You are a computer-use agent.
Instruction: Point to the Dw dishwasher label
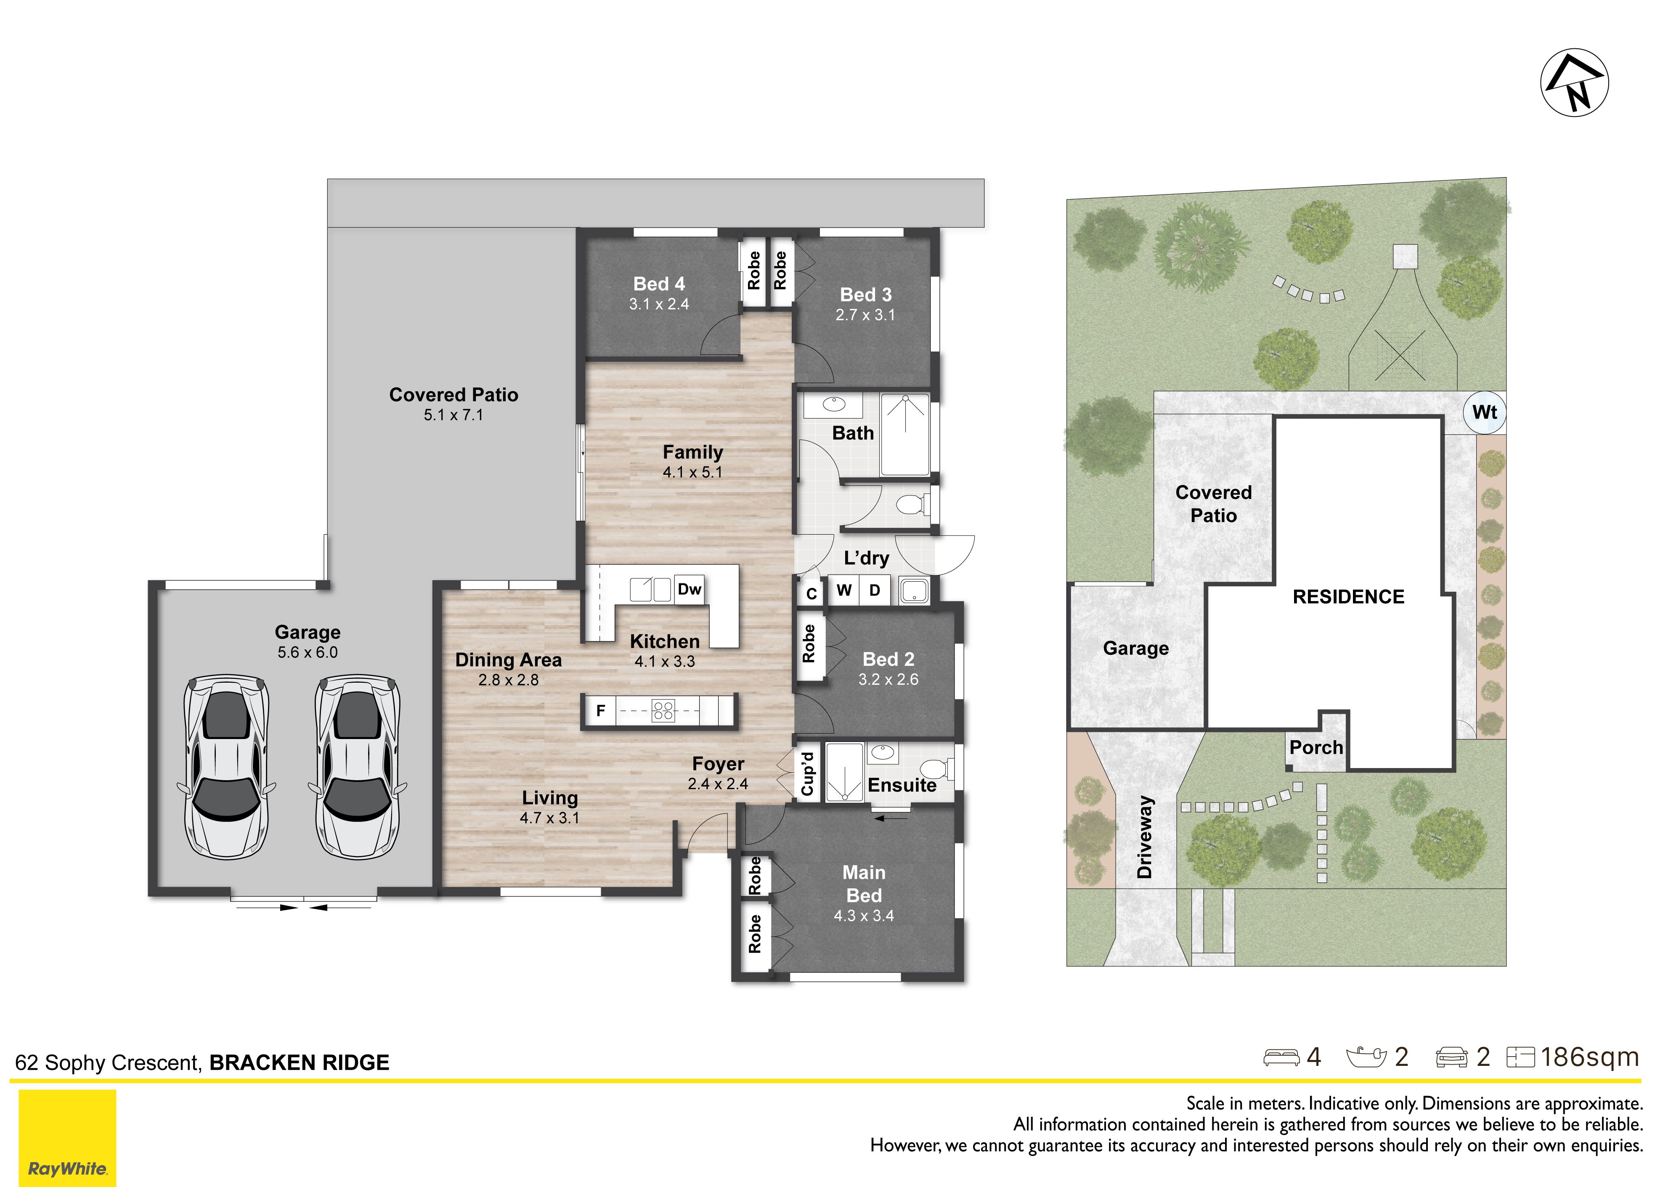point(689,589)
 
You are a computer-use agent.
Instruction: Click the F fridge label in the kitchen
point(601,710)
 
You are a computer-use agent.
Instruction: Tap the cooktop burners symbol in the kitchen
point(663,710)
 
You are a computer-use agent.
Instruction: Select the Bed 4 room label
point(659,284)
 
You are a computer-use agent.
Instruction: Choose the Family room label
point(692,452)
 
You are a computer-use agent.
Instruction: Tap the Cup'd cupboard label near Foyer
point(807,774)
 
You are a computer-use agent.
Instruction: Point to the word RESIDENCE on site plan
point(1348,597)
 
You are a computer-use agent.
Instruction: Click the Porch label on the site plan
point(1316,748)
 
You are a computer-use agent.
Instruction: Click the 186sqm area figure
point(1589,1057)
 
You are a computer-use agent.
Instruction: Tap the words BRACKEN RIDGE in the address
point(299,1063)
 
